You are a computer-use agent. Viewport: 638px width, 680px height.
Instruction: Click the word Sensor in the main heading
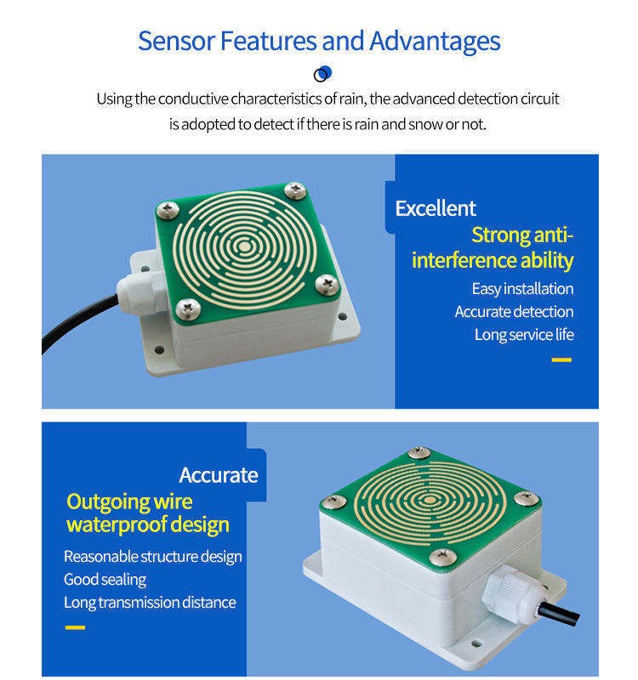[176, 41]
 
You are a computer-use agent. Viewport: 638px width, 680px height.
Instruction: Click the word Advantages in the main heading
[435, 41]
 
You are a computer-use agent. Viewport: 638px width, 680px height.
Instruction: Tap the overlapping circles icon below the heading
[322, 74]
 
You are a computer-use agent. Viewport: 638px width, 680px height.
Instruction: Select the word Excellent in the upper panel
[436, 208]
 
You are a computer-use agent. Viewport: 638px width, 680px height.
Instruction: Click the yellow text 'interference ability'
[493, 260]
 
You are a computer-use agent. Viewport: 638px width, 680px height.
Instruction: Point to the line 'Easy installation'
[522, 288]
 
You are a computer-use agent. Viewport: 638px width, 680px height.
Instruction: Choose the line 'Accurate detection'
[514, 311]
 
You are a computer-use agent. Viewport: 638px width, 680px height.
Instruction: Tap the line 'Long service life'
[524, 334]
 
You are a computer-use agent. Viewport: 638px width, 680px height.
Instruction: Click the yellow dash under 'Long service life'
[561, 360]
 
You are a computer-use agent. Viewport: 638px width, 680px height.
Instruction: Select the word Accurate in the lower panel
[219, 475]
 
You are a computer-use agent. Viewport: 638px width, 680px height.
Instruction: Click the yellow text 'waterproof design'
[147, 524]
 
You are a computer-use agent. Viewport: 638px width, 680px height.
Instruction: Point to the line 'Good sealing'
[105, 580]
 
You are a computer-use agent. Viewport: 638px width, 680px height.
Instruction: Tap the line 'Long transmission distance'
[150, 603]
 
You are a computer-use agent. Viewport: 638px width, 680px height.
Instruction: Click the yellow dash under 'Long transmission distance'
[75, 627]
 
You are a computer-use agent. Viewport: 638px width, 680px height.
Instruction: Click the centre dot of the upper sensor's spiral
[245, 247]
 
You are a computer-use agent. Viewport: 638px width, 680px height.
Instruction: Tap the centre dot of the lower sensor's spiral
[430, 500]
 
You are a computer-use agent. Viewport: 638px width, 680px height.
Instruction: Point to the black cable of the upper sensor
[78, 319]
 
